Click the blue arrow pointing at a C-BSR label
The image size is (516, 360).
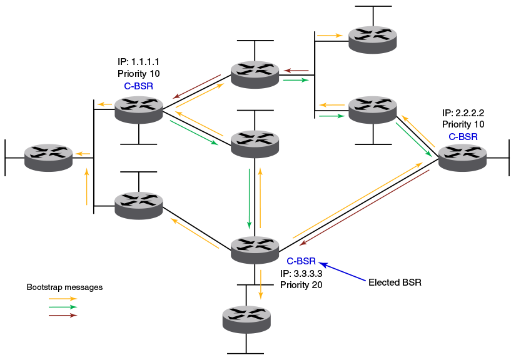(343, 272)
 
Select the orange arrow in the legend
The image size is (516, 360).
(63, 299)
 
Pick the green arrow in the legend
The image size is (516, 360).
(63, 307)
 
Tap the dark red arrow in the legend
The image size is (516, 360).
(63, 316)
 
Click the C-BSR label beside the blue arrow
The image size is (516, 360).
(301, 261)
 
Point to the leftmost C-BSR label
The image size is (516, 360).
(139, 86)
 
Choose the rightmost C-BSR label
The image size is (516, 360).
(463, 136)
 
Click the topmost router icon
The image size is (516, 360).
(373, 39)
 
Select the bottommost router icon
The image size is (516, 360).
(246, 319)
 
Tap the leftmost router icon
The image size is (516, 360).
(49, 157)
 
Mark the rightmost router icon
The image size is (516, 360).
(462, 157)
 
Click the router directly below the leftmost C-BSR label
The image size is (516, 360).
(139, 109)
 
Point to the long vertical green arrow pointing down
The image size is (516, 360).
(249, 198)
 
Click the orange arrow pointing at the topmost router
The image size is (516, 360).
(330, 36)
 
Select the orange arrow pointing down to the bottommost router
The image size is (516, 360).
(261, 284)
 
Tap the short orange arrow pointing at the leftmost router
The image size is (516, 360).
(82, 153)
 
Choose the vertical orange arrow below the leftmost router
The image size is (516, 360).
(87, 186)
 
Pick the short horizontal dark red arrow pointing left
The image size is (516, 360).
(296, 71)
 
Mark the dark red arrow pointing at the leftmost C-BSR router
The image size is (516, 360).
(196, 87)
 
